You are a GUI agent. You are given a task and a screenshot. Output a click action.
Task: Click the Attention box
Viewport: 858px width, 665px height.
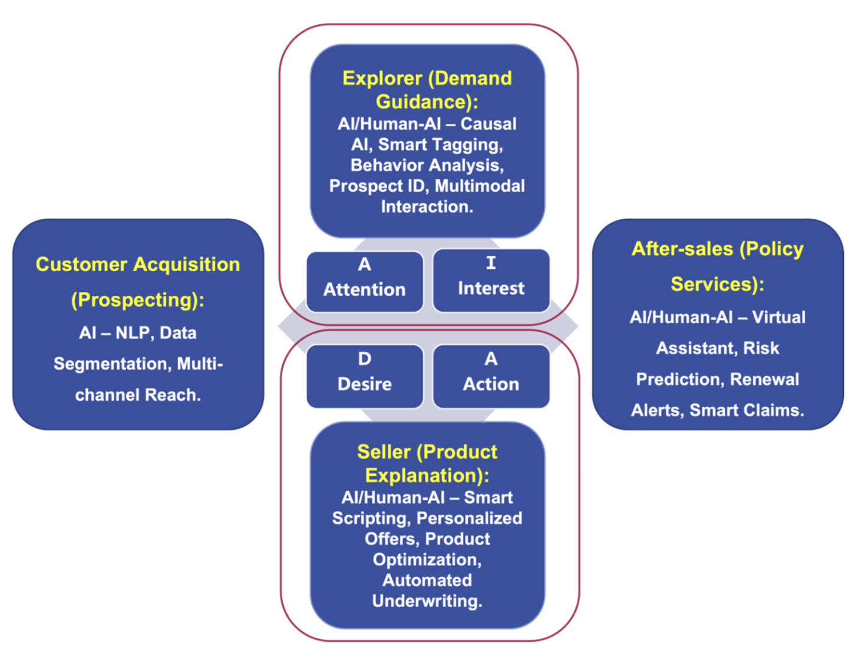coord(365,281)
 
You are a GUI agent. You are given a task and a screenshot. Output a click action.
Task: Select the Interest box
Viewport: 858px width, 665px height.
coord(491,280)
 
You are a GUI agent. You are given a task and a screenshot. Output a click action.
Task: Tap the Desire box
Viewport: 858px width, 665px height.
coord(365,376)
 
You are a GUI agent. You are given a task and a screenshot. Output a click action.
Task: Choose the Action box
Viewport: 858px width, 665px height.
coord(491,376)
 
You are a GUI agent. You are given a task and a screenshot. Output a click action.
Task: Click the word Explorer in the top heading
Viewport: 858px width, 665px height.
coord(382,78)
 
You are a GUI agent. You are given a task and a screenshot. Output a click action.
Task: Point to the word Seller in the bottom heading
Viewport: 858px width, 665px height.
coord(384,452)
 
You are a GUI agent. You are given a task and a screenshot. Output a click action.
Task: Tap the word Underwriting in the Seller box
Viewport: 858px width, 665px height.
coord(427,601)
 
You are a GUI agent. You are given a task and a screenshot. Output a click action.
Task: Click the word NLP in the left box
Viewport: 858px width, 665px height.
coord(132,333)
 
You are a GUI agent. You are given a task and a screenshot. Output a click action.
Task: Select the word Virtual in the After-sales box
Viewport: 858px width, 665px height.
coord(778,317)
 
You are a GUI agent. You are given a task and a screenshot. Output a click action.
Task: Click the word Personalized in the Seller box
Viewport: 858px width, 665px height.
coord(469,518)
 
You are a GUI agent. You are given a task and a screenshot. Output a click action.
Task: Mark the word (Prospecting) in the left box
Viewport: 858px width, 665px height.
coord(137,300)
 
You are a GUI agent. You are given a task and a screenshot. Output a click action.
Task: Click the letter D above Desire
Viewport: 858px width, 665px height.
coord(365,359)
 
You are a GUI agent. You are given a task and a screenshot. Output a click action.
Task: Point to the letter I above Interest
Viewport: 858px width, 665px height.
coord(491,263)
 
